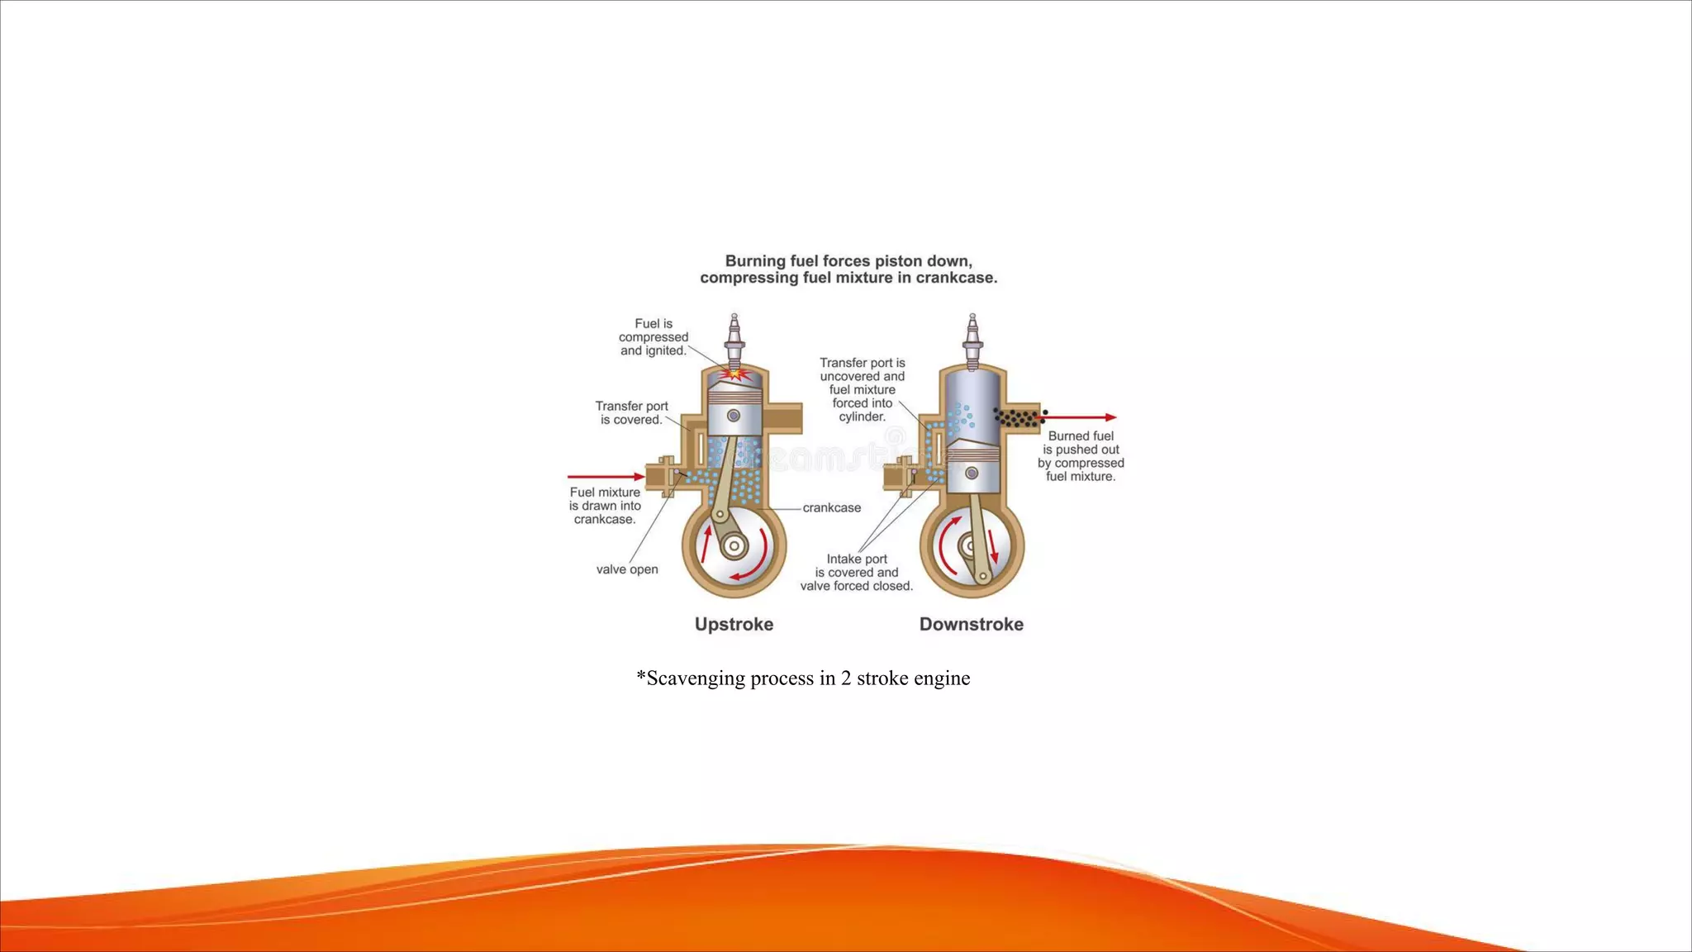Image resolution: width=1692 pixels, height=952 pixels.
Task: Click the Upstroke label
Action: pyautogui.click(x=734, y=624)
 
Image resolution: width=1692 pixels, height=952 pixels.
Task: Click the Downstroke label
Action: pyautogui.click(x=971, y=624)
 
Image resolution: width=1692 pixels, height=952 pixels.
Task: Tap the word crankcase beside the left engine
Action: pyautogui.click(x=831, y=507)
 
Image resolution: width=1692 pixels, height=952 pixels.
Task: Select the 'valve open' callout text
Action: pyautogui.click(x=627, y=569)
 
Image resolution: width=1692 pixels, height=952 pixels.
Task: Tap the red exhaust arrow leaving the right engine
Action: pyautogui.click(x=1078, y=417)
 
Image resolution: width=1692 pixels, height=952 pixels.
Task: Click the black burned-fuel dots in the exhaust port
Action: pyautogui.click(x=1018, y=417)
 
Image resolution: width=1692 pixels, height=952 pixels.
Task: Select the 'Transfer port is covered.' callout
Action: pyautogui.click(x=631, y=412)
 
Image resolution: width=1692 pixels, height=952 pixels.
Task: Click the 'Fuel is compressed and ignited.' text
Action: pyautogui.click(x=654, y=337)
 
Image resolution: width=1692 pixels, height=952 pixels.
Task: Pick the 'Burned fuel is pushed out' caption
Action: pyautogui.click(x=1081, y=456)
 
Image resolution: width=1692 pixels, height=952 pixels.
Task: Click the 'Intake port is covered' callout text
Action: pyautogui.click(x=857, y=572)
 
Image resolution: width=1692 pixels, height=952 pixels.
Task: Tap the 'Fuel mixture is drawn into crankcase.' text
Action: pyautogui.click(x=605, y=506)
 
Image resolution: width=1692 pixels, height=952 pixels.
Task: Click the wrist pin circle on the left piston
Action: pyautogui.click(x=733, y=416)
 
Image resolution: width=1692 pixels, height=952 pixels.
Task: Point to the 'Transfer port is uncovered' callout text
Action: pyautogui.click(x=862, y=389)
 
